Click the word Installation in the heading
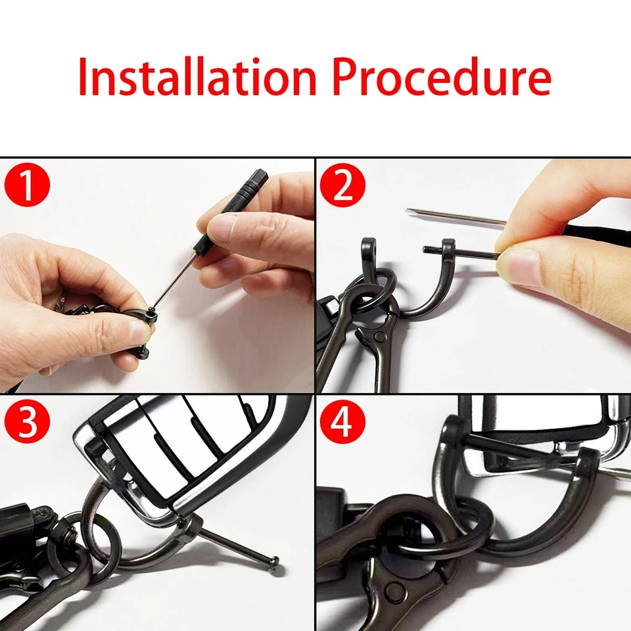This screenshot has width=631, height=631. click(197, 76)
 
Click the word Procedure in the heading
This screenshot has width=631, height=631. click(442, 76)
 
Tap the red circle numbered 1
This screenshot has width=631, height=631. click(27, 185)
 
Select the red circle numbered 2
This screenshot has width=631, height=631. click(342, 185)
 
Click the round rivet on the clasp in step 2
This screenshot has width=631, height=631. click(379, 336)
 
